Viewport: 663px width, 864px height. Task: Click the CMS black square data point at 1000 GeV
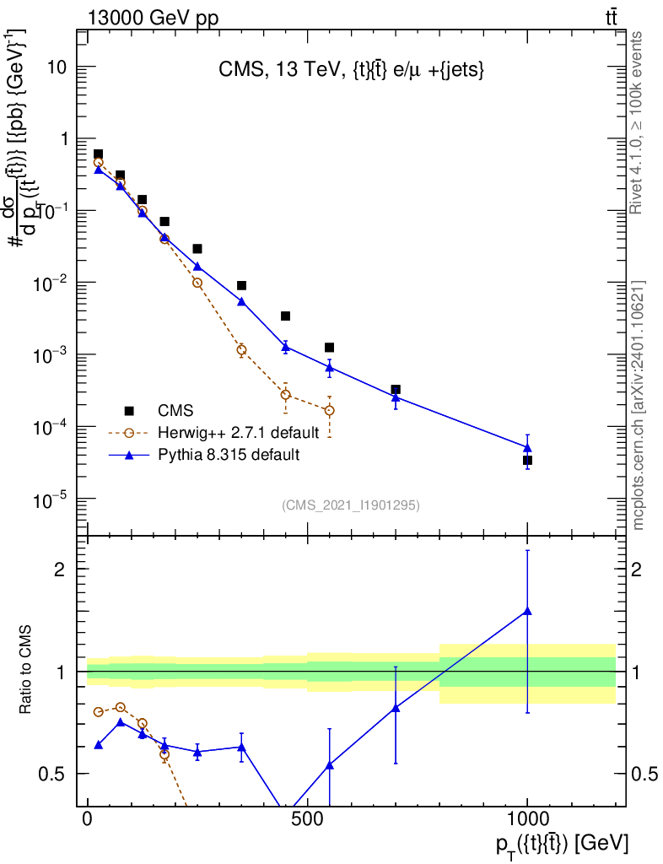click(x=527, y=461)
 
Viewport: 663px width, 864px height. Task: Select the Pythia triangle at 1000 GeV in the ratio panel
click(x=527, y=611)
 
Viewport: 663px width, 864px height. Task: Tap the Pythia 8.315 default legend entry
click(x=228, y=455)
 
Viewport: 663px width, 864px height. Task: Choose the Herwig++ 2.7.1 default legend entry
click(x=238, y=433)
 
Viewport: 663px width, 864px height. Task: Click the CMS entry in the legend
click(x=175, y=411)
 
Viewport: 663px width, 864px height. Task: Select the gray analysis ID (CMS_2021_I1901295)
click(x=351, y=505)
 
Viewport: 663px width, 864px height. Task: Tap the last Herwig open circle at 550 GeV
click(x=330, y=411)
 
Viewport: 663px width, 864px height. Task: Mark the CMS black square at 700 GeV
click(x=396, y=390)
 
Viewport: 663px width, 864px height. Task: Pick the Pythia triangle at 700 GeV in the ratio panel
click(x=396, y=708)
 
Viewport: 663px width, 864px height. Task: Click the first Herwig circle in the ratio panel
click(x=99, y=711)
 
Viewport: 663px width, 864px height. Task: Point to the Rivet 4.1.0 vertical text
click(x=638, y=122)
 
